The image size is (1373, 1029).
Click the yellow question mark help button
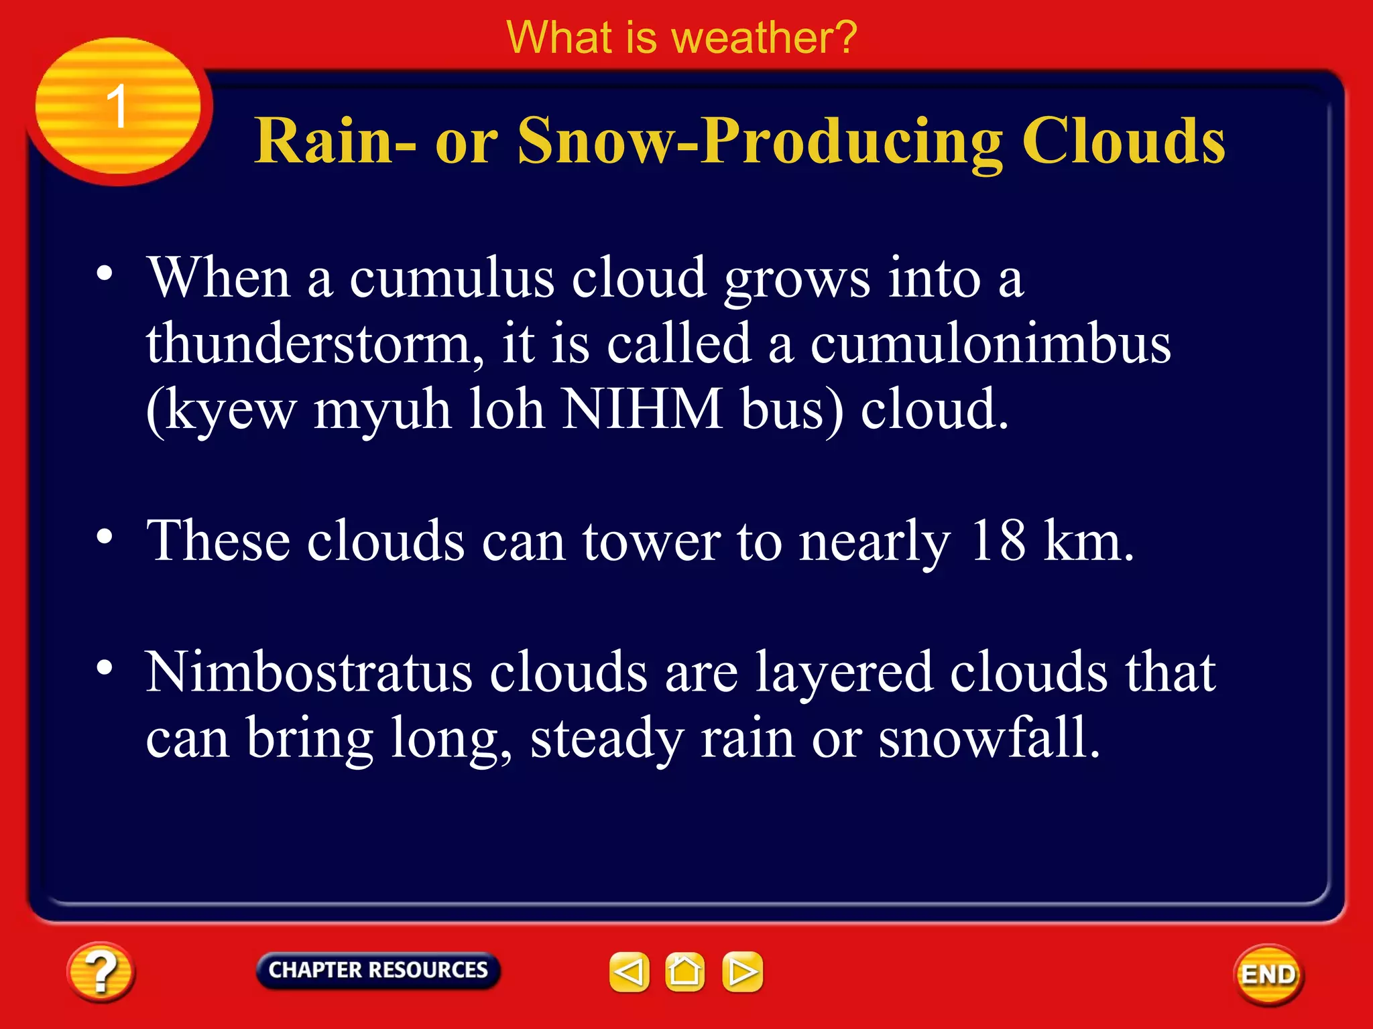101,971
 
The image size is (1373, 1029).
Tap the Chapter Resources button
378,970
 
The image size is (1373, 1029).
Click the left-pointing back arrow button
629,971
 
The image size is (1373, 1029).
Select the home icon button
684,971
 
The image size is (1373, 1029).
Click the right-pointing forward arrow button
742,971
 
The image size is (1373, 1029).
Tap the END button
1268,974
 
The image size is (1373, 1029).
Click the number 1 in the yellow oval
117,106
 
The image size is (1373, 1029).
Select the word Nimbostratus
309,672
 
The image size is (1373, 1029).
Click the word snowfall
989,738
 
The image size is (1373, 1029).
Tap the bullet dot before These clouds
105,537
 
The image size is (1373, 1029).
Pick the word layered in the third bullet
844,673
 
